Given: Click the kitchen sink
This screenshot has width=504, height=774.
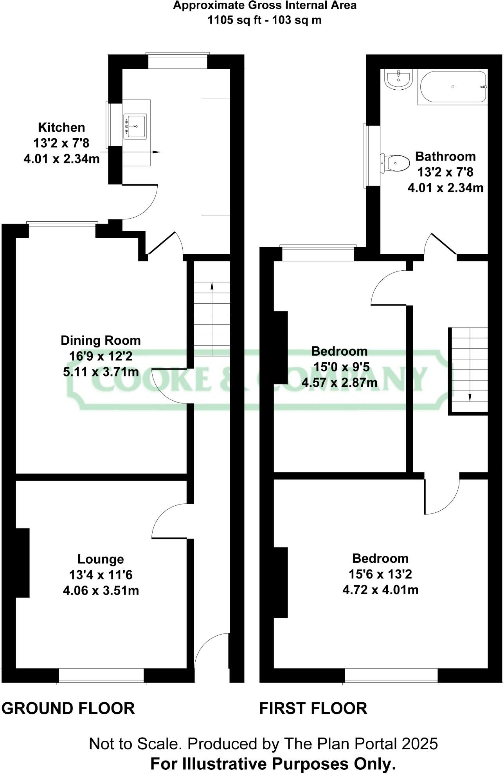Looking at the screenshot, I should pos(135,127).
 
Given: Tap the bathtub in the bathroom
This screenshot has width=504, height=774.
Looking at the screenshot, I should pos(453,87).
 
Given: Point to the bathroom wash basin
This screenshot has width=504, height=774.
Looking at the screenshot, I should pos(398,79).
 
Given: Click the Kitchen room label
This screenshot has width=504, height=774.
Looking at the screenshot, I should pos(61,127).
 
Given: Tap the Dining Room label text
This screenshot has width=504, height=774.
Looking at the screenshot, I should pos(101,340).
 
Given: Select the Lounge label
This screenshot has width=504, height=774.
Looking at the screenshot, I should pos(101,559).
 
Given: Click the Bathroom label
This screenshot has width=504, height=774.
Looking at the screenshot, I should pos(445,156).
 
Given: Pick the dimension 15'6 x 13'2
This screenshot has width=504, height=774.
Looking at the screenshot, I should pos(380,574).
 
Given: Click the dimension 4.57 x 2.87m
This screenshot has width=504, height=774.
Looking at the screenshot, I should pos(339,382).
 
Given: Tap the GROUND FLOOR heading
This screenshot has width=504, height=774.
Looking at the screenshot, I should pos(68,709).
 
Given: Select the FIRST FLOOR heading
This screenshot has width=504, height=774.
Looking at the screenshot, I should pos(313,709).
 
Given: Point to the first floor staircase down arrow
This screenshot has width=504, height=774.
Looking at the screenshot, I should pos(470,398).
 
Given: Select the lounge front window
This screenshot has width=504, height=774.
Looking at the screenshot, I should pos(101,676).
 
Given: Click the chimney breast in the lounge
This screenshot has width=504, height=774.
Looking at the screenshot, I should pos(23,563).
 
